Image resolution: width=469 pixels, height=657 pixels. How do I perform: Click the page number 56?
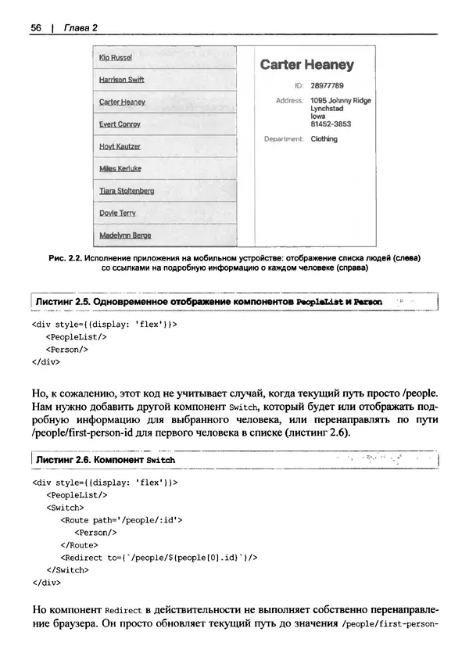point(36,28)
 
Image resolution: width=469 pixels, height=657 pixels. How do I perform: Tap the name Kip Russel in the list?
point(116,58)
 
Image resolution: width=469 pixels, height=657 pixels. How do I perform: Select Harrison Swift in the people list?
point(121,80)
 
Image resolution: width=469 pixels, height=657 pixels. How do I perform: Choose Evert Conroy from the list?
point(120,124)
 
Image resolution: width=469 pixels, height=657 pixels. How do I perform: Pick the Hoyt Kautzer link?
point(120,146)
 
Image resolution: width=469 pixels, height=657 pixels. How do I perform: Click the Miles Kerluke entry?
point(120,168)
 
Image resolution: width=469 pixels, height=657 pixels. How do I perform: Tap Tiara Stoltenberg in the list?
point(127,191)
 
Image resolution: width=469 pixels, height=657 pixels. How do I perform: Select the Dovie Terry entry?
point(117,213)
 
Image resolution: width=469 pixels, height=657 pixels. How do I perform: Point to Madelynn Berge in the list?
point(125,235)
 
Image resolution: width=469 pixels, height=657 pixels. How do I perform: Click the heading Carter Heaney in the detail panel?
point(306,65)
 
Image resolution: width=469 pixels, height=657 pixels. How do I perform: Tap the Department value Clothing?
point(324,139)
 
